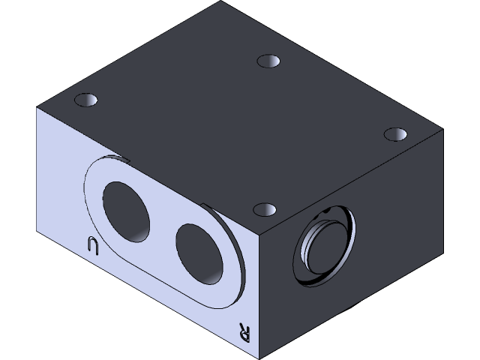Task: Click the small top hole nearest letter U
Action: tap(87, 100)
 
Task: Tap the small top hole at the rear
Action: tap(268, 61)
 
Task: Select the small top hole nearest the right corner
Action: tap(394, 133)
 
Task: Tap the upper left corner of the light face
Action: tap(37, 107)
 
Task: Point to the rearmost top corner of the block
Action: tap(223, 2)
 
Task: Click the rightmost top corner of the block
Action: tap(442, 129)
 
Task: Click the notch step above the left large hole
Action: tap(124, 158)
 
